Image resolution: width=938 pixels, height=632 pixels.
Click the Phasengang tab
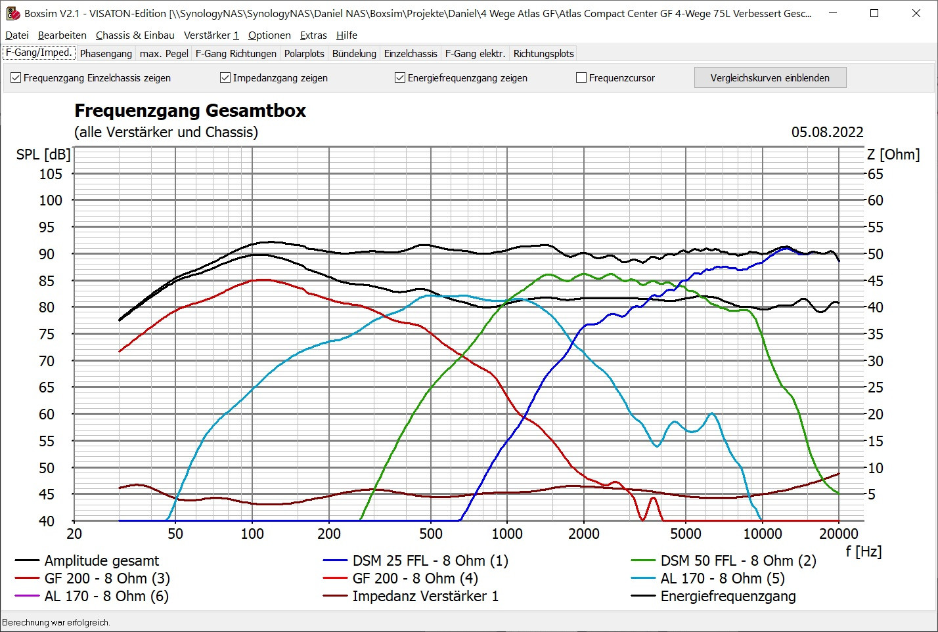click(106, 54)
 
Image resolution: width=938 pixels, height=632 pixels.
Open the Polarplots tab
click(304, 54)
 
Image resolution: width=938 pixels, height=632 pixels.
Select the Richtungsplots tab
click(543, 54)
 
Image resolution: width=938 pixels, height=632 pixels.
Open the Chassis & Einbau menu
click(135, 35)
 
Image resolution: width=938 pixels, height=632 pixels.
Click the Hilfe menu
click(347, 35)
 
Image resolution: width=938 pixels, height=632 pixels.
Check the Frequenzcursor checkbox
click(581, 78)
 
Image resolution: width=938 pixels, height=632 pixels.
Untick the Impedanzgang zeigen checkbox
click(225, 78)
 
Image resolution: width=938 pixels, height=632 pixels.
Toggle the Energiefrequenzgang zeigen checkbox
click(400, 78)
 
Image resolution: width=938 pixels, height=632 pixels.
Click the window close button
click(916, 13)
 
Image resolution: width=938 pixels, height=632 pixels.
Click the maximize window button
click(874, 13)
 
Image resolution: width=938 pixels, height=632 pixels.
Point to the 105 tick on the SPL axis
click(51, 174)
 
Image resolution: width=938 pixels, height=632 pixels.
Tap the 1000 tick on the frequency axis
click(507, 534)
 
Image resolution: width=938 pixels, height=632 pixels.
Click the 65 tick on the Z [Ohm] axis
click(876, 174)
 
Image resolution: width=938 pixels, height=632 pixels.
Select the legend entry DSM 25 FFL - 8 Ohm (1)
click(430, 561)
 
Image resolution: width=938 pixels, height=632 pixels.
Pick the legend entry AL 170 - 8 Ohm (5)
click(723, 579)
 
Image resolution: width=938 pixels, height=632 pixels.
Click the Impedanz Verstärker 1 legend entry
click(425, 597)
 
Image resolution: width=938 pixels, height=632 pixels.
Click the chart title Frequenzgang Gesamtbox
click(190, 110)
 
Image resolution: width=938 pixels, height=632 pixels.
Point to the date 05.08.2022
click(827, 132)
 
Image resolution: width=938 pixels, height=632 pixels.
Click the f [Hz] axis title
click(863, 551)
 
